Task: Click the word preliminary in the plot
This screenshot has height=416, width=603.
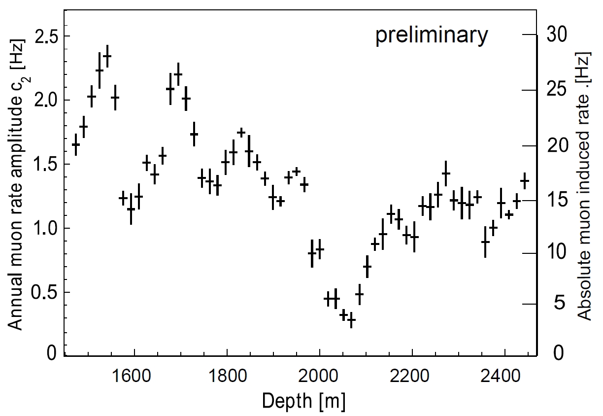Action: point(432,36)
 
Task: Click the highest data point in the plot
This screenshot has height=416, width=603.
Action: point(107,56)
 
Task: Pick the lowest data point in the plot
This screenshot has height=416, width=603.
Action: point(351,320)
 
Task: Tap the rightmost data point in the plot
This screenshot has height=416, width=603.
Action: point(524,181)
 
